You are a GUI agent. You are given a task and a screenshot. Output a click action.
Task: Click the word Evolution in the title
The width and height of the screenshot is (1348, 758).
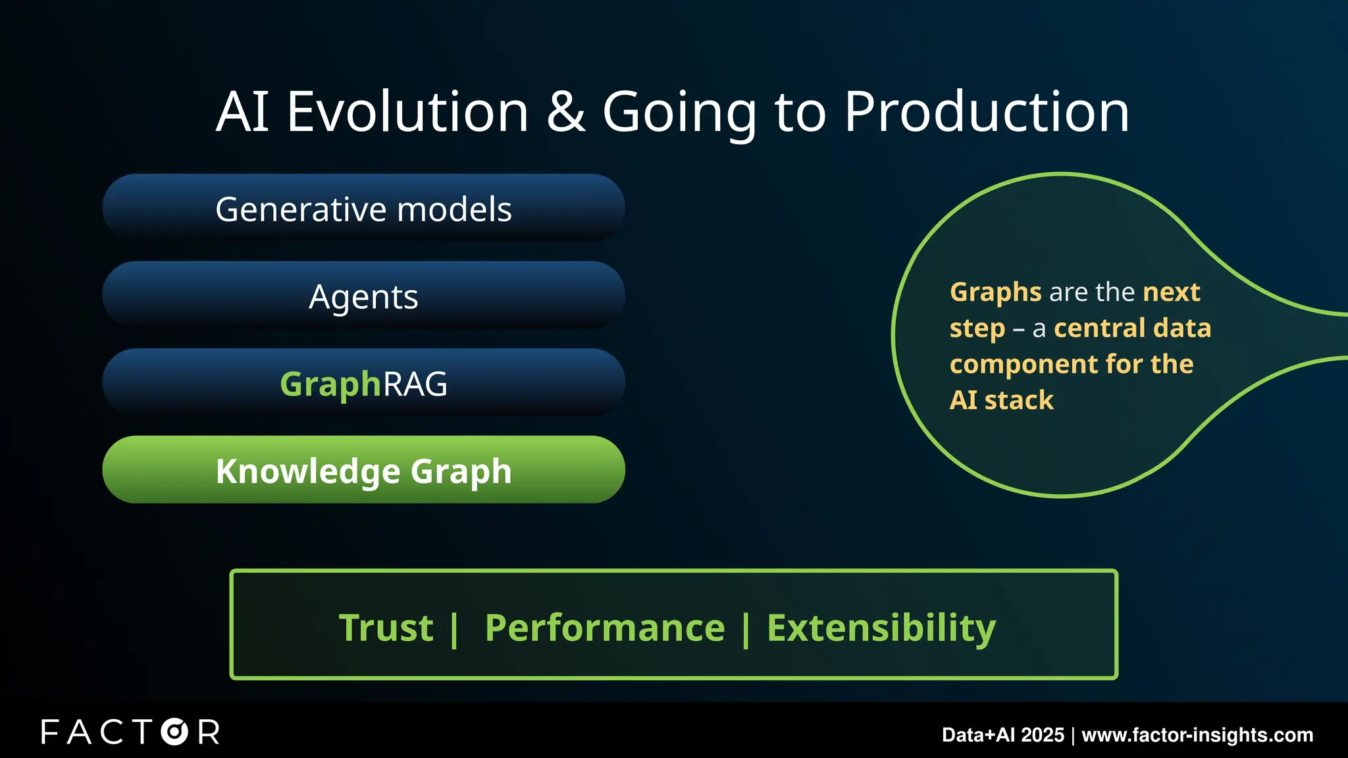407,112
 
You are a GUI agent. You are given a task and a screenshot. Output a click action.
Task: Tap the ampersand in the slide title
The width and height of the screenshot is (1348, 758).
565,112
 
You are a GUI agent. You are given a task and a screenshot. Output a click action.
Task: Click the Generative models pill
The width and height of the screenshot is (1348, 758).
363,209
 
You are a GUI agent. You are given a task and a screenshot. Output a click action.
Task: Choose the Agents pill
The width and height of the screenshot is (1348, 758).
363,297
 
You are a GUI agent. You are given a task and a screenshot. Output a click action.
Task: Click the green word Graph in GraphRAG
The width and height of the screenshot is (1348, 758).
330,384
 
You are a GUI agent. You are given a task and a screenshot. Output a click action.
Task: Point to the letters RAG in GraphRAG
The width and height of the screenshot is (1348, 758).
415,384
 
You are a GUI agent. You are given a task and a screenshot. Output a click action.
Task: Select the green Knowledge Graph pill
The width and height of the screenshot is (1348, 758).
363,470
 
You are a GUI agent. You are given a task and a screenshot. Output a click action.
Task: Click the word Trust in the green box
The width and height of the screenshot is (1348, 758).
386,628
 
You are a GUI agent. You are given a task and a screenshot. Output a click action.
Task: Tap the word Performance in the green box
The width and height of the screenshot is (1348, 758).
604,628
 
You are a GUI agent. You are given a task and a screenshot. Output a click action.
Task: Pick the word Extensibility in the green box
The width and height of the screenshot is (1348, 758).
881,628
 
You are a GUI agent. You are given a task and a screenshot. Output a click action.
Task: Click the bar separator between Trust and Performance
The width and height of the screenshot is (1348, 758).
454,629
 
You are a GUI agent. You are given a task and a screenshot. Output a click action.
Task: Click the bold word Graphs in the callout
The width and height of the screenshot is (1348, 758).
995,292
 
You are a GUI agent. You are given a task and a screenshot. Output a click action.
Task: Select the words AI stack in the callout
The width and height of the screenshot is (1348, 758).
1001,400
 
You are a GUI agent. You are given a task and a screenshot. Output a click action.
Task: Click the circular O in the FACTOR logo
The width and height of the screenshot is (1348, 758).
174,732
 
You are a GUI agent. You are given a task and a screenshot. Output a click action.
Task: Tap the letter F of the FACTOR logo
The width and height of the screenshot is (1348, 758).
50,732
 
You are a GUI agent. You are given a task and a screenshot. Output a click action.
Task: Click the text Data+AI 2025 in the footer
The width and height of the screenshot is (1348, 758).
1002,735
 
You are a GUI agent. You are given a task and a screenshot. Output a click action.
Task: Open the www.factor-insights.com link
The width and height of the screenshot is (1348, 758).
1197,735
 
